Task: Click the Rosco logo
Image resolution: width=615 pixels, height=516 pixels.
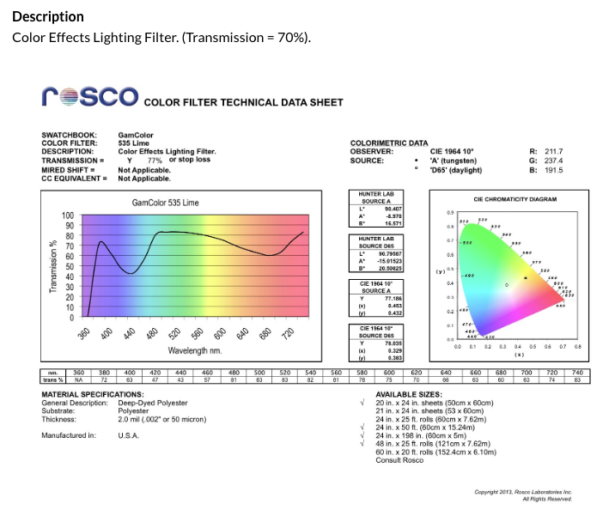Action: point(89,97)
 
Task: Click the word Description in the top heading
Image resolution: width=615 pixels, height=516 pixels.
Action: point(48,16)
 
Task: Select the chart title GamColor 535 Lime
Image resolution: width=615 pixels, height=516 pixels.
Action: point(165,203)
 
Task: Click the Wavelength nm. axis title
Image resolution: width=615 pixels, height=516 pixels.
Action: point(195,351)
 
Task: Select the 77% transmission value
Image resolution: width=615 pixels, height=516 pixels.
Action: point(155,160)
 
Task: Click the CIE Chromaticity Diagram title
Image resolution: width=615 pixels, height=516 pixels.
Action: point(515,199)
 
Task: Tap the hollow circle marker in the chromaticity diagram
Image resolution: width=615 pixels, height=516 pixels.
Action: point(507,284)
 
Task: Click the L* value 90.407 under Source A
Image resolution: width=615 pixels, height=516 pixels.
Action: point(394,209)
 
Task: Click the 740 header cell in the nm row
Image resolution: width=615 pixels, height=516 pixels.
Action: point(577,373)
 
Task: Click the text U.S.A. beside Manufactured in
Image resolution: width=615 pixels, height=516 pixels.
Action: point(129,435)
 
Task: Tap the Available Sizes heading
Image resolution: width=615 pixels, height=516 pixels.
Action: point(408,394)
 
